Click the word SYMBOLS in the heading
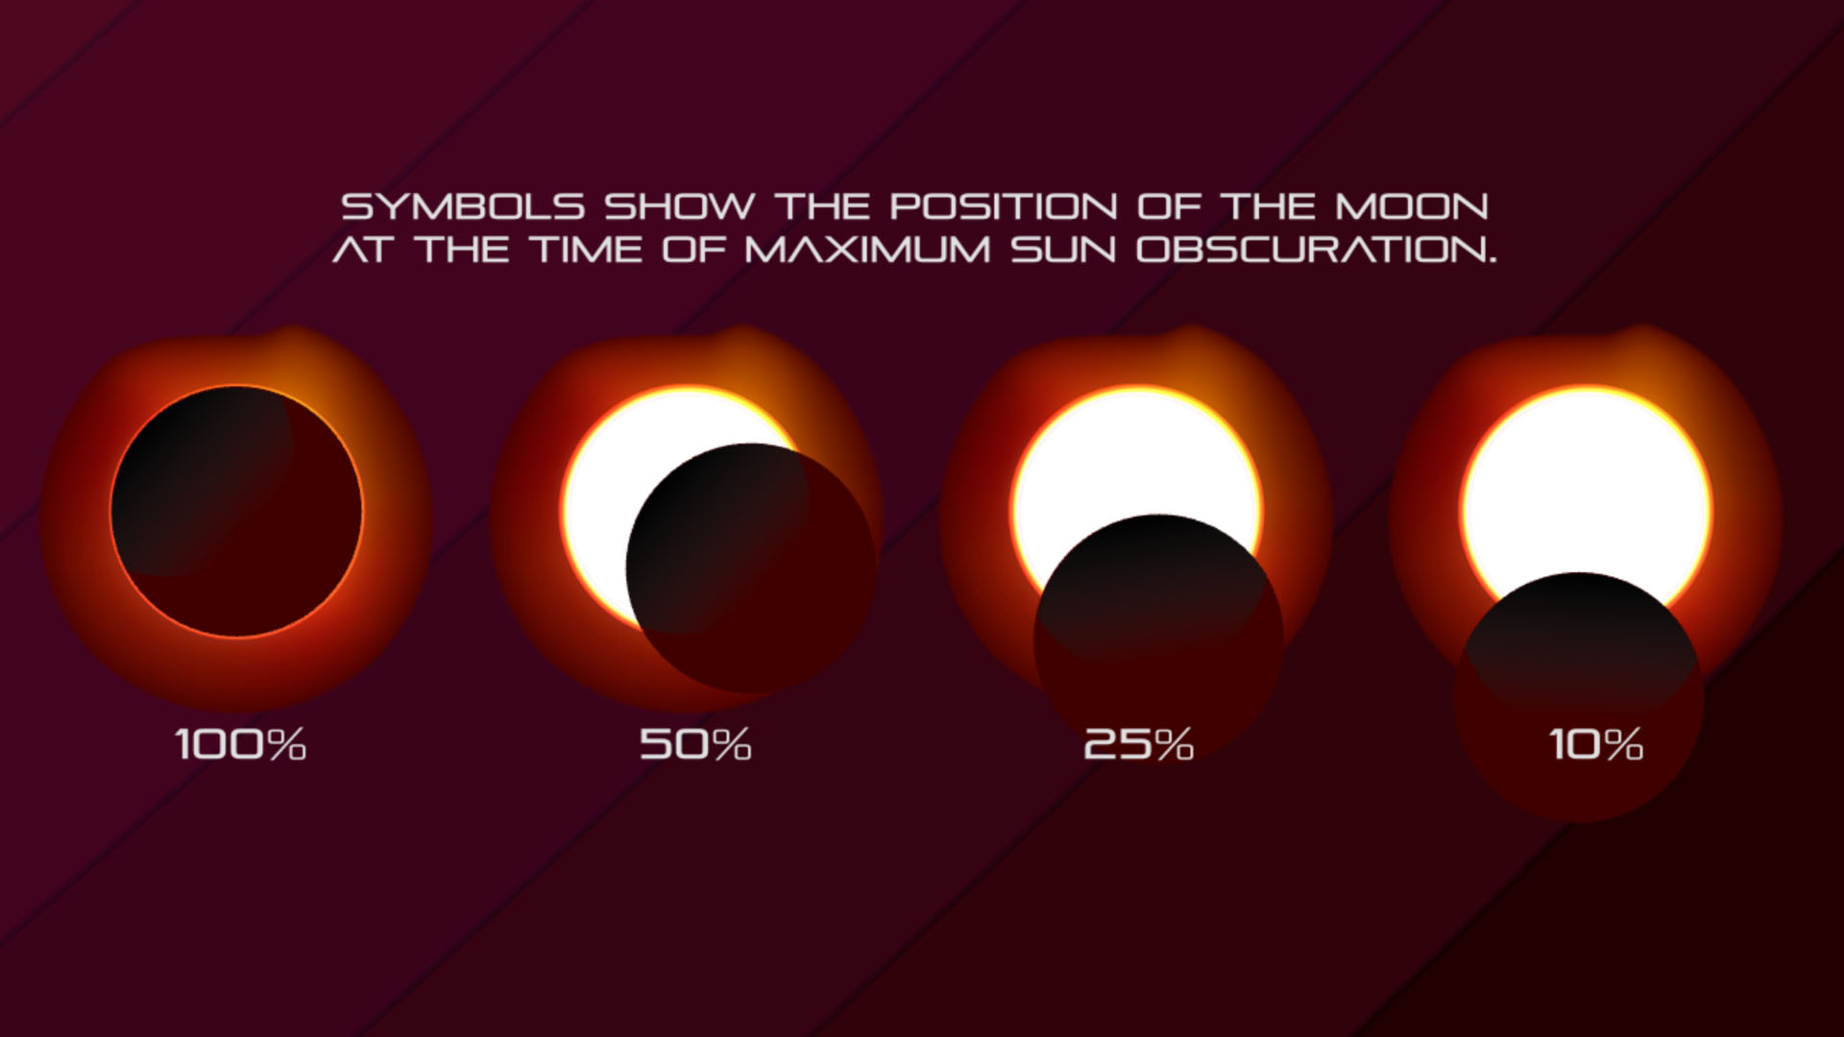463,206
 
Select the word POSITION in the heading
1003,206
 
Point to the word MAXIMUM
867,251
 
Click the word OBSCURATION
1316,251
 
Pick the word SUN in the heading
1063,251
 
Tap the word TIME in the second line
587,251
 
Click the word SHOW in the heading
679,206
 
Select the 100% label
240,744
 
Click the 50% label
695,744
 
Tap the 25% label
1138,744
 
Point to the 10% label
1595,744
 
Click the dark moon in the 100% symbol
237,511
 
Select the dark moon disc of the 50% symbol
750,568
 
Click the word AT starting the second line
362,251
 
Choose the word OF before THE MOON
1169,206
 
